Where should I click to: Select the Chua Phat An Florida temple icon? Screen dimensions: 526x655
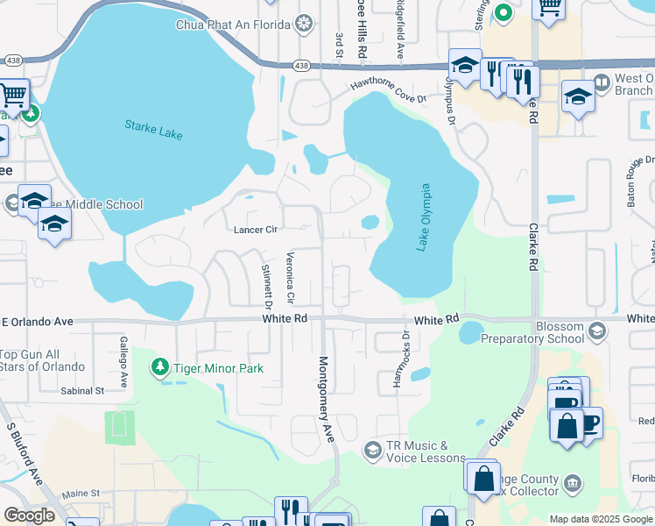[x=304, y=24]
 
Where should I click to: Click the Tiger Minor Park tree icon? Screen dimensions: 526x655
[x=160, y=368]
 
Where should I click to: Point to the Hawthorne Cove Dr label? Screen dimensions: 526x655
[x=388, y=90]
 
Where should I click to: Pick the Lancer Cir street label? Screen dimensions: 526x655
[x=255, y=230]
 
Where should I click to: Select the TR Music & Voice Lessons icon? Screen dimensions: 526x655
[x=373, y=450]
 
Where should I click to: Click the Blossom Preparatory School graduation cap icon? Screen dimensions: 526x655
[x=597, y=331]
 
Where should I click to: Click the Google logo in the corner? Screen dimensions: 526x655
[x=29, y=515]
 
